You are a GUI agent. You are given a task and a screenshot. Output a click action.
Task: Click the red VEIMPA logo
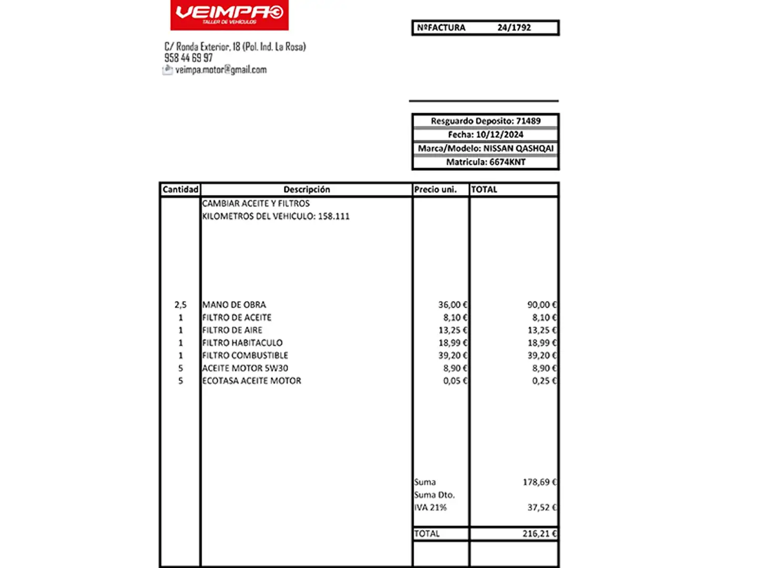pyautogui.click(x=229, y=15)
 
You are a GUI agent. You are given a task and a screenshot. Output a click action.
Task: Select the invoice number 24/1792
pyautogui.click(x=514, y=28)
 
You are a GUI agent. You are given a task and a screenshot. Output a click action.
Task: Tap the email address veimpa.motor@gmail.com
pyautogui.click(x=221, y=70)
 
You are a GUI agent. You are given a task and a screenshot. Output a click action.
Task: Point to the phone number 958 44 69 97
pyautogui.click(x=189, y=58)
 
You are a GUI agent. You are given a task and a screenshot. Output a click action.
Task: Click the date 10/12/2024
pyautogui.click(x=499, y=135)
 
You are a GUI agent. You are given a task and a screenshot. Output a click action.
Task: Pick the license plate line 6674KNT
pyautogui.click(x=485, y=162)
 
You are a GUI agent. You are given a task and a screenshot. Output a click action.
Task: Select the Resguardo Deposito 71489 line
pyautogui.click(x=485, y=121)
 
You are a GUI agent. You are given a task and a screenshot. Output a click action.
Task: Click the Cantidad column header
pyautogui.click(x=180, y=189)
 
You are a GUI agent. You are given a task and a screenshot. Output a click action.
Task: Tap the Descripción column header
pyautogui.click(x=306, y=189)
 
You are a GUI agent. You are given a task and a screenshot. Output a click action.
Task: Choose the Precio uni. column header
pyautogui.click(x=435, y=189)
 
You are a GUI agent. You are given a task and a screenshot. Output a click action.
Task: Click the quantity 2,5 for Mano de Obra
pyautogui.click(x=180, y=305)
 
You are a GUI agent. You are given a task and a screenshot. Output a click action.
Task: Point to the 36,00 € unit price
pyautogui.click(x=452, y=305)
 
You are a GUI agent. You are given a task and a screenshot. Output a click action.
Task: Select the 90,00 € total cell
pyautogui.click(x=541, y=305)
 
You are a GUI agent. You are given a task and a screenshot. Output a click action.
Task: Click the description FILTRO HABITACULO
pyautogui.click(x=242, y=343)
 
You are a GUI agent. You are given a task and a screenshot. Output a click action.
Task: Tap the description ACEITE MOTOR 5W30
pyautogui.click(x=245, y=368)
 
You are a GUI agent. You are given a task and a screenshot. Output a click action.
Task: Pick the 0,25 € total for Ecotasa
pyautogui.click(x=544, y=381)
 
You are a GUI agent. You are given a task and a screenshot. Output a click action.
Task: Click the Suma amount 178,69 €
pyautogui.click(x=539, y=482)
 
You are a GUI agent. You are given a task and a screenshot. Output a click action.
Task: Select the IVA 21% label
pyautogui.click(x=431, y=508)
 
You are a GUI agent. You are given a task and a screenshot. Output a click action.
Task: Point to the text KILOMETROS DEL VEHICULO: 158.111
pyautogui.click(x=275, y=216)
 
